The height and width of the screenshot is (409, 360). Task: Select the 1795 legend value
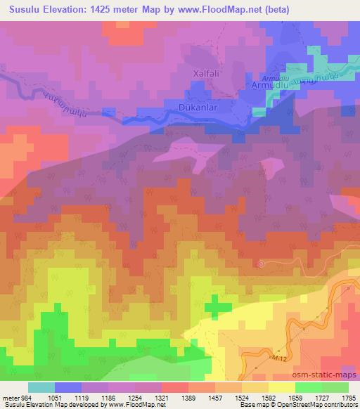click(347, 397)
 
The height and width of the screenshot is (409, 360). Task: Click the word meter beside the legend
click(10, 397)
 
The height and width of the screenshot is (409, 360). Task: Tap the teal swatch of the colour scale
click(41, 387)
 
